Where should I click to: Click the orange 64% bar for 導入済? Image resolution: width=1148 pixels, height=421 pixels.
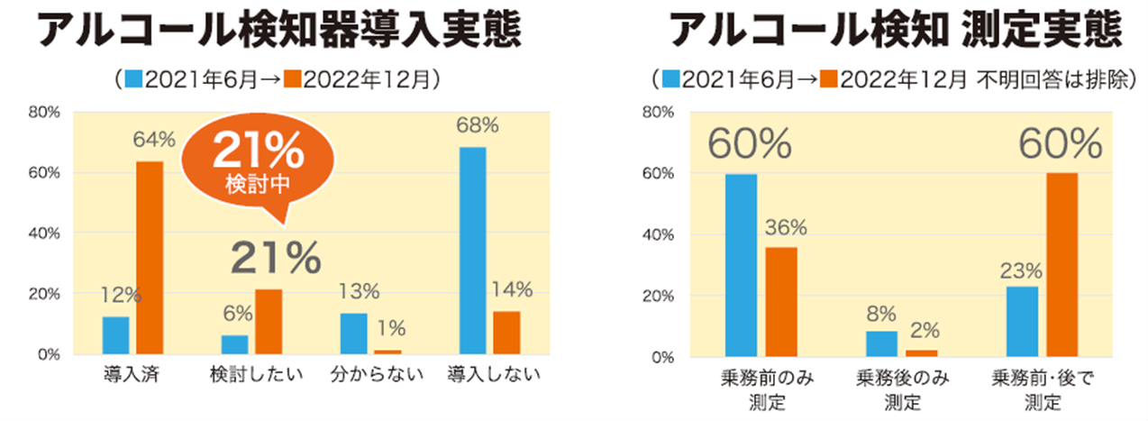point(150,257)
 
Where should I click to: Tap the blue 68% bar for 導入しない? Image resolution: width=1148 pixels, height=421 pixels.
point(472,250)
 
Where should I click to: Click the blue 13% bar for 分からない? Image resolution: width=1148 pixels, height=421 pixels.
point(353,333)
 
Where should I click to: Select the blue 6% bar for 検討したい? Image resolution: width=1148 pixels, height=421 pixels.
point(234,344)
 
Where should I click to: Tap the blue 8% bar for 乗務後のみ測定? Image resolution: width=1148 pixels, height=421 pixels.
point(882,343)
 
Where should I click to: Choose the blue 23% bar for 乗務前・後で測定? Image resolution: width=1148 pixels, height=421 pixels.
point(1022,321)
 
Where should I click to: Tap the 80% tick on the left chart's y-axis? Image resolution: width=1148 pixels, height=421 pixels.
point(44,113)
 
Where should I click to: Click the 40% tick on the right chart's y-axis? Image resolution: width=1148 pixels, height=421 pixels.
point(658,234)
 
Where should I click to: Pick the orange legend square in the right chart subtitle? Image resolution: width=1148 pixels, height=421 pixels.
point(826,78)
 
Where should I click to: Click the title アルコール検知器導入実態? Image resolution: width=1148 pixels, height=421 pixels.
point(282,32)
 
